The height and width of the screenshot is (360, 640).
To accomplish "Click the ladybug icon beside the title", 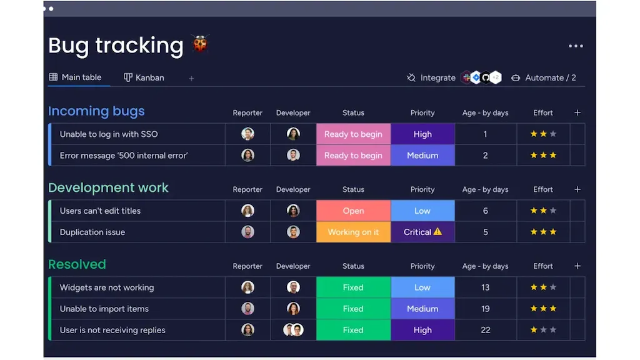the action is click(x=200, y=44).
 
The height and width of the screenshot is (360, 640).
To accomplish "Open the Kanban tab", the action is click(x=144, y=77).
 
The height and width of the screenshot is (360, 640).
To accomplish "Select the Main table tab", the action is click(x=76, y=77).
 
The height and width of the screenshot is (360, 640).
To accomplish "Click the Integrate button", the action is click(x=431, y=77).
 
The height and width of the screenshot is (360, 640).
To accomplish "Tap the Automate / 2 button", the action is click(x=544, y=77).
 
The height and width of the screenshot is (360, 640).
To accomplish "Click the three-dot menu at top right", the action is click(x=576, y=46).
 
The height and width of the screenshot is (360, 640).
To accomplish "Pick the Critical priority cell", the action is click(x=422, y=232).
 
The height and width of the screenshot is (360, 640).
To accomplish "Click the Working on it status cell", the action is click(x=354, y=232).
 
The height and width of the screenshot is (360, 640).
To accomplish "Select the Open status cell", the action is click(x=354, y=211).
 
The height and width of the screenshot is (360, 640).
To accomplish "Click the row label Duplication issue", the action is click(x=92, y=232).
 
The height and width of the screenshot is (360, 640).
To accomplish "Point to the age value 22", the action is click(x=485, y=330).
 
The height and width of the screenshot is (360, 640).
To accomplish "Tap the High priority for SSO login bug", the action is click(x=422, y=134).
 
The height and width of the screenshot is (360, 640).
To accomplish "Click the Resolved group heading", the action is click(x=77, y=264).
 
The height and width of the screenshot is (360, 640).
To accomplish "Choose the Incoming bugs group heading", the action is click(x=96, y=111).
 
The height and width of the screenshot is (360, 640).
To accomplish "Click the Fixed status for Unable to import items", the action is click(x=354, y=309).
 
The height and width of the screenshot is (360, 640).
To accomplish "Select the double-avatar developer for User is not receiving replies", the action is click(x=293, y=330).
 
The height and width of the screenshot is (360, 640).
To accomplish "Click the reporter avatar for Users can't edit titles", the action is click(x=247, y=211).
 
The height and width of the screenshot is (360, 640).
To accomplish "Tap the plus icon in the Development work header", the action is click(x=577, y=189).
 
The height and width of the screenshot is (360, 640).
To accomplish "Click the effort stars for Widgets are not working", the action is click(x=543, y=287).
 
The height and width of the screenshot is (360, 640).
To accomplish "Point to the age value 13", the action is click(x=485, y=287).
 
